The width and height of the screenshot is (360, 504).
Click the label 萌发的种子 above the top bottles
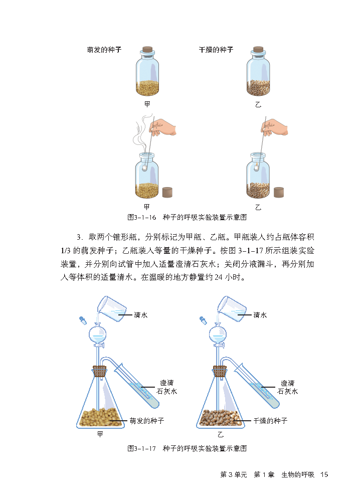[104, 50]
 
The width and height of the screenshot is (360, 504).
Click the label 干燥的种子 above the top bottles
[216, 50]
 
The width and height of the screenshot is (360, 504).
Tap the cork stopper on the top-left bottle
[147, 50]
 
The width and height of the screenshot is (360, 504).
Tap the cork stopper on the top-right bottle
[258, 50]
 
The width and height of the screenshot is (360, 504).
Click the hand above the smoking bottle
[163, 127]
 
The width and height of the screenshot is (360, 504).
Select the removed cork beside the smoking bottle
[167, 192]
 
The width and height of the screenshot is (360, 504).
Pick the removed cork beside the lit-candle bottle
[279, 192]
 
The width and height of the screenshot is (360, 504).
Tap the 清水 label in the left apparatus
[141, 315]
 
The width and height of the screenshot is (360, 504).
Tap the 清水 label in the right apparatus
[260, 315]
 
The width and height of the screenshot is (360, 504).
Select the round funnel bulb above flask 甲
[98, 334]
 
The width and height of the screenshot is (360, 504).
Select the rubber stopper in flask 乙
[220, 371]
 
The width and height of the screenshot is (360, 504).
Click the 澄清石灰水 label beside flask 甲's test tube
[167, 387]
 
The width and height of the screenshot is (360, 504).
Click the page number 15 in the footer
[324, 475]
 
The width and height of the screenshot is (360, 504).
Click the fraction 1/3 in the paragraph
[66, 251]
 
